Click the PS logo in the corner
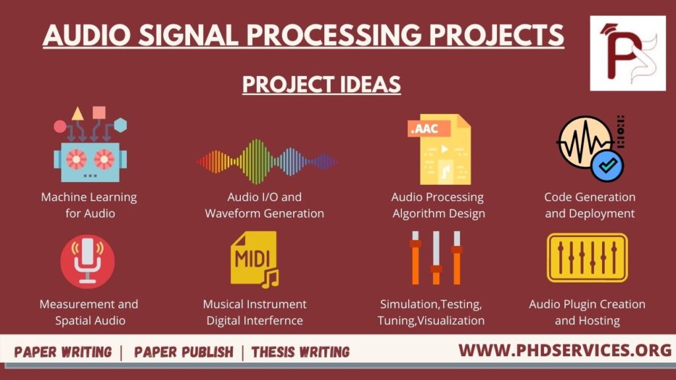(627, 53)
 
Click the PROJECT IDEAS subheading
(321, 84)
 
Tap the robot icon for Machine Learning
(90, 158)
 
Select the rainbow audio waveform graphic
(266, 161)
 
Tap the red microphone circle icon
(87, 262)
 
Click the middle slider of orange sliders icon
(436, 258)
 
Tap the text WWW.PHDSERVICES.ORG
(564, 350)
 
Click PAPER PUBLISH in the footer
(184, 352)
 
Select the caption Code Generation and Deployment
(590, 205)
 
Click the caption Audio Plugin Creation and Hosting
(587, 312)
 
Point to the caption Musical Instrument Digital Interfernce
(254, 312)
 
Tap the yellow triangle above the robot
(78, 113)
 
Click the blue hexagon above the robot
(120, 125)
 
